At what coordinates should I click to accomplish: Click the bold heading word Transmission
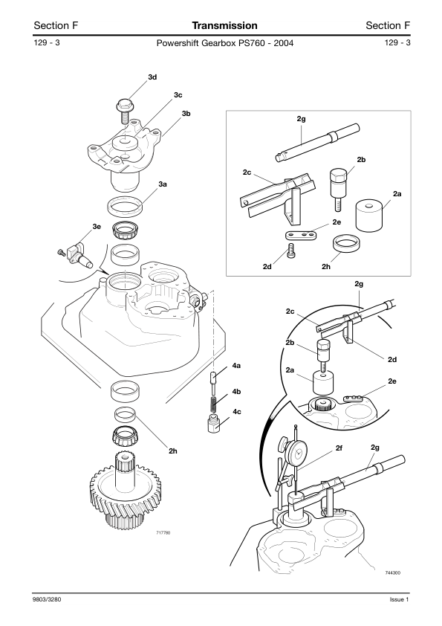(224, 25)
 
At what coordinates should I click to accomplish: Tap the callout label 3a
(163, 184)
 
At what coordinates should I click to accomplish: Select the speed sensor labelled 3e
(77, 256)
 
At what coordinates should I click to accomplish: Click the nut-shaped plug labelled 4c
(215, 424)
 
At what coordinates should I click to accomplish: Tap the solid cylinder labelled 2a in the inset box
(368, 216)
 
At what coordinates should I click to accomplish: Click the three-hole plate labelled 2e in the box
(300, 235)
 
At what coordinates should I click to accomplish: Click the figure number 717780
(163, 532)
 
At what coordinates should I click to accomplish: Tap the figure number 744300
(392, 573)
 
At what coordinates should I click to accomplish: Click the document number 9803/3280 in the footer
(48, 599)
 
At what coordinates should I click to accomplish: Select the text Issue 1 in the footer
(400, 599)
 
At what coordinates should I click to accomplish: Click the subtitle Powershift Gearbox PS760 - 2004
(225, 43)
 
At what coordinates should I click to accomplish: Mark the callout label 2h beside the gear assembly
(173, 451)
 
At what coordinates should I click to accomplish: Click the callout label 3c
(178, 95)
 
